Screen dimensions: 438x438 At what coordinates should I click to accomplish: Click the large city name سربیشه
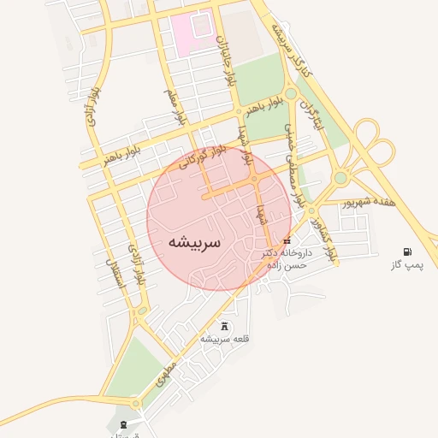(195, 242)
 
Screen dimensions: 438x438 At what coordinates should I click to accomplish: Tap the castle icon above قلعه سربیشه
(225, 326)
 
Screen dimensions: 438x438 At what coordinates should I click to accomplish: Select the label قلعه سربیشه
(225, 340)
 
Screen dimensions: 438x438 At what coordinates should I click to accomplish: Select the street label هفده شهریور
(370, 203)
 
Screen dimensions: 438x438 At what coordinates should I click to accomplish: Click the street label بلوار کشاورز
(326, 234)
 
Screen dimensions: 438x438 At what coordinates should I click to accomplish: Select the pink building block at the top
(192, 31)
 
